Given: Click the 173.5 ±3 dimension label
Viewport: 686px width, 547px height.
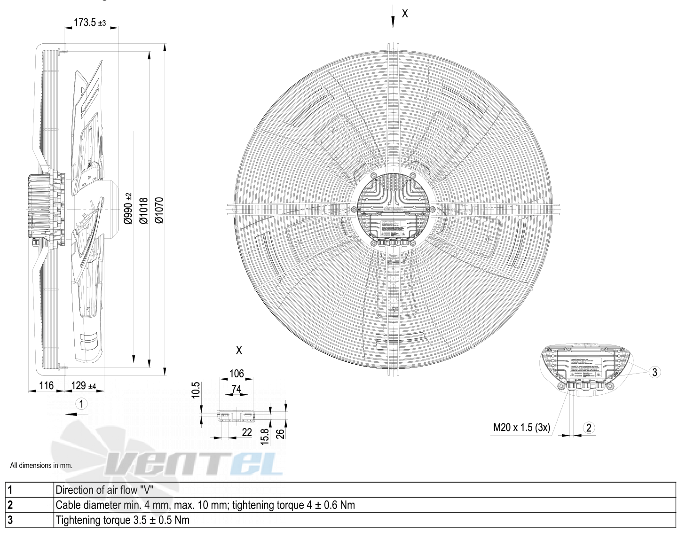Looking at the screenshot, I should pyautogui.click(x=90, y=22).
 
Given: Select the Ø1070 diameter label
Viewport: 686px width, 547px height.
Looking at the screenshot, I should pyautogui.click(x=159, y=210).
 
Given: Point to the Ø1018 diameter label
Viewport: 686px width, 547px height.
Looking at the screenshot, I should pyautogui.click(x=144, y=210).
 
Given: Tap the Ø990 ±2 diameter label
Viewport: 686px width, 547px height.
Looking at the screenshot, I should pyautogui.click(x=128, y=208).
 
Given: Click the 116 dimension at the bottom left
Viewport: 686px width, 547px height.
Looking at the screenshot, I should pyautogui.click(x=46, y=385).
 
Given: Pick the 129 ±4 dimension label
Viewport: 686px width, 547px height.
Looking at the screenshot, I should pyautogui.click(x=83, y=386).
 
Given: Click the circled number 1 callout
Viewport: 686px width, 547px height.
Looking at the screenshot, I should pyautogui.click(x=81, y=404).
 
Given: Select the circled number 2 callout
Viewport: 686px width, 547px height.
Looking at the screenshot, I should pyautogui.click(x=589, y=428).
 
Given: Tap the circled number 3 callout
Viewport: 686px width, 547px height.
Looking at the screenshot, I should pyautogui.click(x=654, y=372).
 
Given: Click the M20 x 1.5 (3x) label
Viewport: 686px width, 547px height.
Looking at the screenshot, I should pyautogui.click(x=521, y=428).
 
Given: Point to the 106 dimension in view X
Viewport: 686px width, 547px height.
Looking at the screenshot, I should pyautogui.click(x=237, y=374).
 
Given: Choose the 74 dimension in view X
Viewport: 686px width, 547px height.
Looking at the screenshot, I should pyautogui.click(x=236, y=389).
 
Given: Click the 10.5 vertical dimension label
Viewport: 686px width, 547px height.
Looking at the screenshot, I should pyautogui.click(x=196, y=390).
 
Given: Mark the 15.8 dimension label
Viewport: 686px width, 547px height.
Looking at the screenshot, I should pyautogui.click(x=265, y=436).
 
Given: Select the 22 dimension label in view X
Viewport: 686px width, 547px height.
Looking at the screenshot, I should pyautogui.click(x=247, y=432).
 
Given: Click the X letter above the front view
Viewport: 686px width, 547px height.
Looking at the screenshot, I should pyautogui.click(x=405, y=14).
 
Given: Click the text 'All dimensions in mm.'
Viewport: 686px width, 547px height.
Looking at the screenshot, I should pyautogui.click(x=41, y=466).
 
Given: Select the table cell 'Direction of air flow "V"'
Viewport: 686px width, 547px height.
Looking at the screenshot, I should pyautogui.click(x=104, y=490).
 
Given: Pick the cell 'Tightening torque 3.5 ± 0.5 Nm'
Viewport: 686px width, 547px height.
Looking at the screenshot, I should pyautogui.click(x=122, y=520).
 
